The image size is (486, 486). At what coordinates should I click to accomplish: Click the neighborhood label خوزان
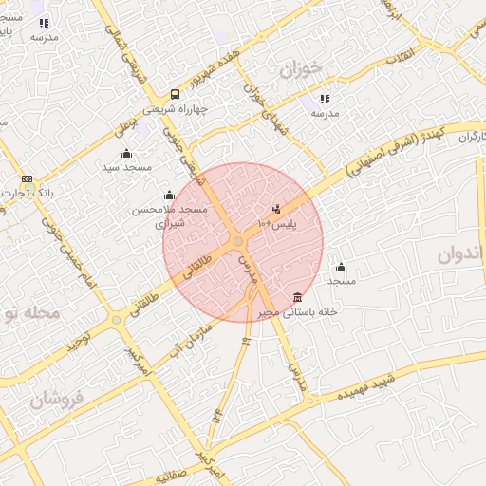pos(302,68)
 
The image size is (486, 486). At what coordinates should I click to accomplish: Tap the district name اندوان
pos(461,255)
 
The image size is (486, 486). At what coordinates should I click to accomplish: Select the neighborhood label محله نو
pos(29,311)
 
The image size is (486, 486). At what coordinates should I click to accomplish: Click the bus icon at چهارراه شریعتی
pos(175,93)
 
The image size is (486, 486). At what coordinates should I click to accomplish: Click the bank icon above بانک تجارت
pos(27,178)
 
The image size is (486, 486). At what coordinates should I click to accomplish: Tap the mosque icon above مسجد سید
pos(126,153)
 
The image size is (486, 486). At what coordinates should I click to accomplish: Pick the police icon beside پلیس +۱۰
pos(276,209)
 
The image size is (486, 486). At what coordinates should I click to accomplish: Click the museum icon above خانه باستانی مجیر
pos(298,297)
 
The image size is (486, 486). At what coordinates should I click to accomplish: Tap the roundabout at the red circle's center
pos(237,242)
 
